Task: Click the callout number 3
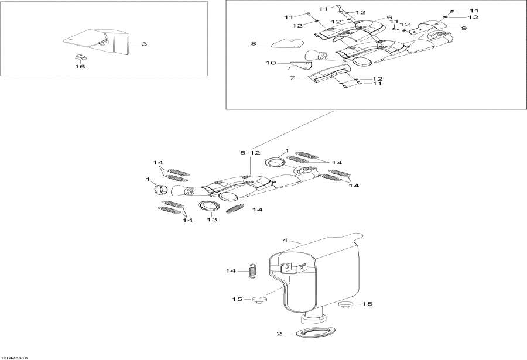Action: pyautogui.click(x=145, y=44)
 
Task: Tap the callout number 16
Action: pyautogui.click(x=80, y=67)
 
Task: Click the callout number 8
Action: pyautogui.click(x=254, y=43)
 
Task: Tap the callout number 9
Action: pyautogui.click(x=463, y=28)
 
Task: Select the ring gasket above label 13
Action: pyautogui.click(x=208, y=205)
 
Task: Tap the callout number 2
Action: pyautogui.click(x=280, y=334)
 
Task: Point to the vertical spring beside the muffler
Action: pyautogui.click(x=253, y=270)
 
